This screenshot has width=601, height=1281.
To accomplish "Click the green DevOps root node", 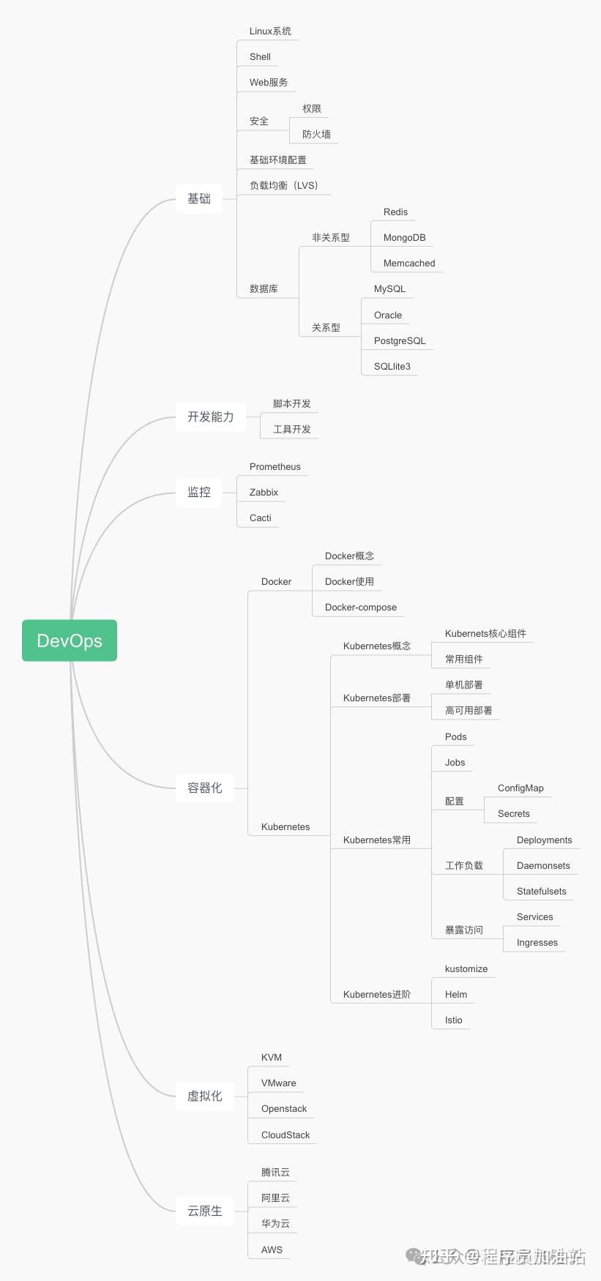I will coord(70,640).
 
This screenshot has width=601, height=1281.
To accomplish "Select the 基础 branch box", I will coord(199,198).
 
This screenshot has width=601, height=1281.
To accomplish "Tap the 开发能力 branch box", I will coord(211,417).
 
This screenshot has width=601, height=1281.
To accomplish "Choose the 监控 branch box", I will coord(199,492).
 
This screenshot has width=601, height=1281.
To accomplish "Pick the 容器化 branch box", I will coord(205,788).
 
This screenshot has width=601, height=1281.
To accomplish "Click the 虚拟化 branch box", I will coord(205,1096).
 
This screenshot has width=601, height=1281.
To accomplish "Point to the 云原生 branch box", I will coord(205,1211).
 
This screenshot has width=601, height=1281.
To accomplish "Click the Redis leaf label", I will coord(395,212).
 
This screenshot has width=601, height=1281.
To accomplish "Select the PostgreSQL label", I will coord(400,341).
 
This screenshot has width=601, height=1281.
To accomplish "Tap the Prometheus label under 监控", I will coord(275,467).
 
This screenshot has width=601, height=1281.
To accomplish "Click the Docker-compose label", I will coord(361,608).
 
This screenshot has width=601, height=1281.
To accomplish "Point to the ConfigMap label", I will coord(520,788).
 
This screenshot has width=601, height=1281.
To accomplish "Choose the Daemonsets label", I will coord(543,866).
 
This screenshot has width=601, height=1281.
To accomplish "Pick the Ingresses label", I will coord(537,943).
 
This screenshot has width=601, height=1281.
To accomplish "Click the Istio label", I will coord(454,1020).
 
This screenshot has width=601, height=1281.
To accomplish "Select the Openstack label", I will coord(284,1109).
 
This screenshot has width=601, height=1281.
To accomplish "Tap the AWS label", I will coord(272,1250).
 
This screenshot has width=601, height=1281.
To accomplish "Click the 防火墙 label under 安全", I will coord(316,135).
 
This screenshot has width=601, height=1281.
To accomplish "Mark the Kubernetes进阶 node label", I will coord(377,995).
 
